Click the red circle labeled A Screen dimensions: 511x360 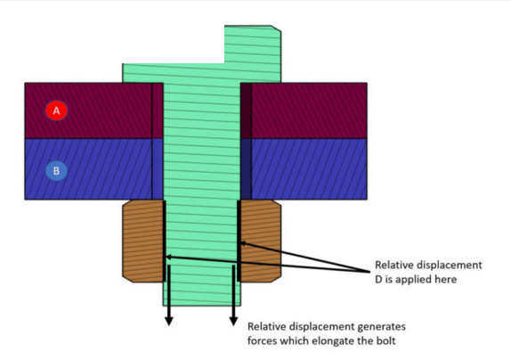tap(56, 110)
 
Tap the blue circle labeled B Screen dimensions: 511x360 tap(56, 170)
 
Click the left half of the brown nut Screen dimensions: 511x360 tap(142, 241)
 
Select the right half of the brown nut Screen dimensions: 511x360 tap(260, 241)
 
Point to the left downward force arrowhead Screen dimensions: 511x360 tap(169, 321)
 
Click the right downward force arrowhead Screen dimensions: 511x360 tap(233, 321)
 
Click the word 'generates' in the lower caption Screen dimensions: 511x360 tap(382, 327)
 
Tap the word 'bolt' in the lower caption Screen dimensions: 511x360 tap(386, 340)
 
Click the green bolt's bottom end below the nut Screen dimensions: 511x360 tap(202, 294)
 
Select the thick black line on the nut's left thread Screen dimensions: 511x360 tap(164, 241)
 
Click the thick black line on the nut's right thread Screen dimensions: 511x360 tap(239, 241)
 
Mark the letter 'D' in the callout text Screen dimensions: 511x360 tap(378, 280)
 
